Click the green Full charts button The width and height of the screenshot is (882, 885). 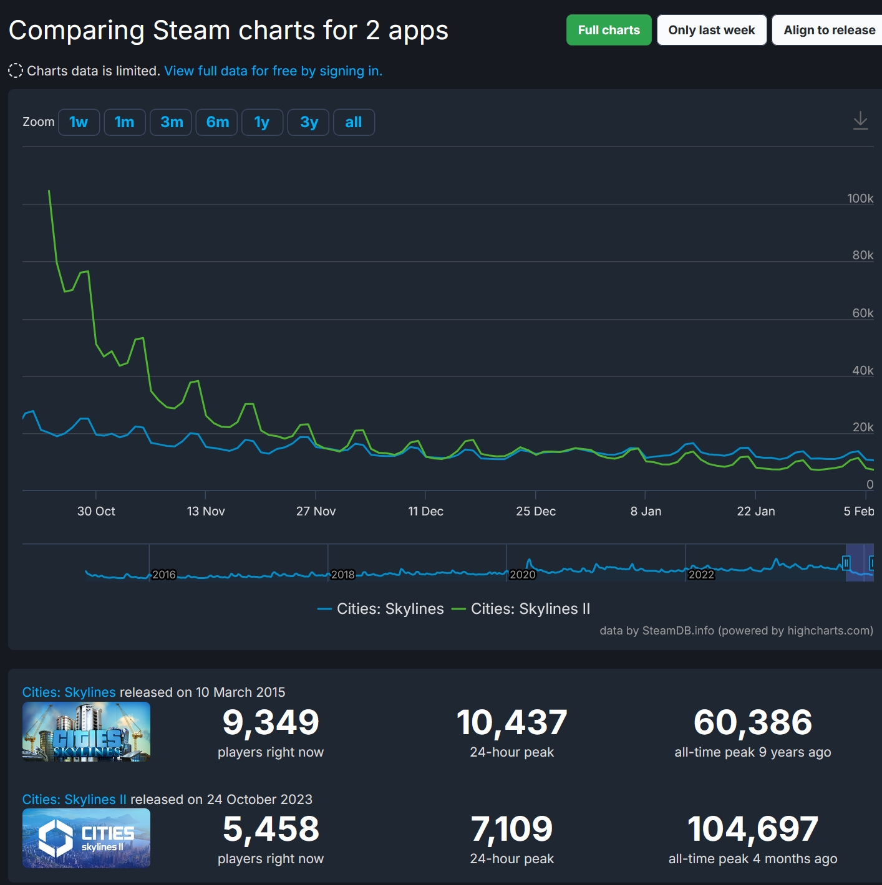(608, 30)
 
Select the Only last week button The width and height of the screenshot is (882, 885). (711, 30)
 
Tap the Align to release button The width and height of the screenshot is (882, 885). (828, 30)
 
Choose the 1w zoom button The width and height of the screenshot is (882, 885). (79, 122)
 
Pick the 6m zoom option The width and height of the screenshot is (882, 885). (217, 122)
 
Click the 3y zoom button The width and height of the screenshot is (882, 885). (309, 122)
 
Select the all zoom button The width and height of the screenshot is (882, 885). (354, 122)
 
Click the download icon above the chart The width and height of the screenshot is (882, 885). (860, 120)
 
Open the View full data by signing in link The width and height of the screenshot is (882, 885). (273, 71)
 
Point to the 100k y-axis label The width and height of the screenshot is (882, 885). (860, 198)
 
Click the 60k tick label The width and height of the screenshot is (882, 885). (863, 313)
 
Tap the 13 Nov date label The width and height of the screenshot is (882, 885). (206, 511)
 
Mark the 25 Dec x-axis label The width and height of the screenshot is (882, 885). (536, 511)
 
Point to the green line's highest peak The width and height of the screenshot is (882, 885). (49, 191)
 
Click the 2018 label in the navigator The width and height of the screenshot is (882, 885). (342, 575)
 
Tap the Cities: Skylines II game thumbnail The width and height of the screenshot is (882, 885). (86, 838)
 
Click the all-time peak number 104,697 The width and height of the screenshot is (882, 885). (752, 829)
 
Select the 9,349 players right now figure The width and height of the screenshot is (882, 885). (271, 722)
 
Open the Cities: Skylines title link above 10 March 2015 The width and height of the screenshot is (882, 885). (69, 692)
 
